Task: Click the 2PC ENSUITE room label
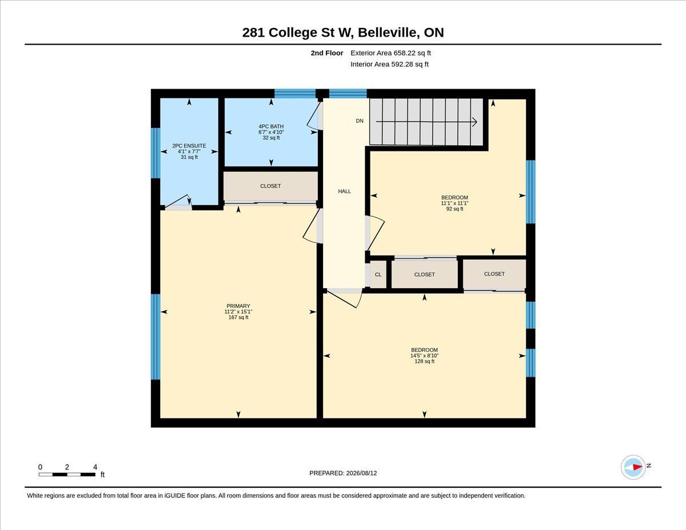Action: point(189,146)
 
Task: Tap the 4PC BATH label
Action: point(271,126)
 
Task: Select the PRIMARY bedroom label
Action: point(238,306)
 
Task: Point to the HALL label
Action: point(344,192)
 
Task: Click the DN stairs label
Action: point(360,121)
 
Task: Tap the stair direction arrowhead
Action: point(474,122)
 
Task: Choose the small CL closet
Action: point(378,274)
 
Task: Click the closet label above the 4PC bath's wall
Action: point(270,186)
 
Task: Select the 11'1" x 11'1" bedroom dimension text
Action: point(454,204)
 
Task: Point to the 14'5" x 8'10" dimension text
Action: point(424,356)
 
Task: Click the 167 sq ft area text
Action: point(238,317)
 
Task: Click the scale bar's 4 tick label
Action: point(95,467)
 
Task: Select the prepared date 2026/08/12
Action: point(361,473)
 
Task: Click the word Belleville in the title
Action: point(389,33)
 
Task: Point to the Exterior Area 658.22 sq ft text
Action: point(390,53)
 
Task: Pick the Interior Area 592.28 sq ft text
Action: point(389,65)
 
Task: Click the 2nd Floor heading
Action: point(327,53)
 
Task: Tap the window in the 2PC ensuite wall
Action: point(155,153)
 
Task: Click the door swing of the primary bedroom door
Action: point(310,228)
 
